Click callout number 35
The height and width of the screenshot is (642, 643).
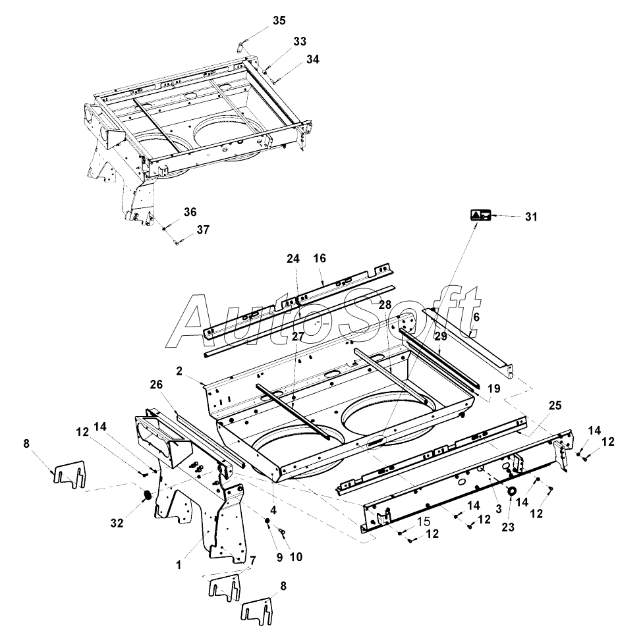click(279, 20)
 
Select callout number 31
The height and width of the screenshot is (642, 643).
click(531, 216)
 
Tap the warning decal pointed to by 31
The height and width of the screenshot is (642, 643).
click(480, 215)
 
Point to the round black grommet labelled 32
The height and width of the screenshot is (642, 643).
click(148, 495)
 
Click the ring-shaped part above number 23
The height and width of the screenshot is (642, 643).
click(511, 491)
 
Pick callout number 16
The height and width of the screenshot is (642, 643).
click(320, 259)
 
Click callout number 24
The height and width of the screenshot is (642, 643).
click(293, 259)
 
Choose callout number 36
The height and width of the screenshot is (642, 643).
click(190, 212)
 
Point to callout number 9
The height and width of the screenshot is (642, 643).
click(279, 557)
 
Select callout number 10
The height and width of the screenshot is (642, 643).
click(296, 557)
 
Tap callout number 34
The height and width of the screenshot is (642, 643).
click(312, 59)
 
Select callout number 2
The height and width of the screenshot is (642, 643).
click(179, 370)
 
